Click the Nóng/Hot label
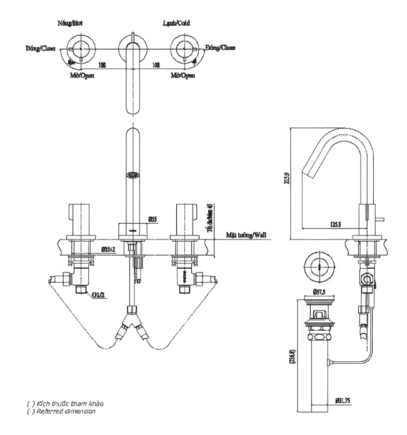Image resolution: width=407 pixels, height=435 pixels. (69, 23)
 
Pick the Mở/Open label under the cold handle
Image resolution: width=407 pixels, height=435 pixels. (183, 75)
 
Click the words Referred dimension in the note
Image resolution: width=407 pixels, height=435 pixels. (71, 411)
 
